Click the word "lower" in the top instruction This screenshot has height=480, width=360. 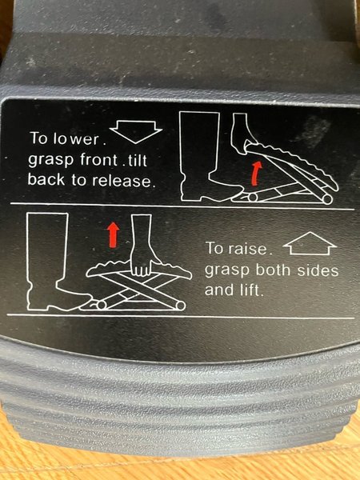(76, 138)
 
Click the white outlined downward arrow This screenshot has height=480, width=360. (136, 132)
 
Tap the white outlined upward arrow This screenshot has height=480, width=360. (310, 243)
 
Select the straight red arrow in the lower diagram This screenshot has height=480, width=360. (114, 234)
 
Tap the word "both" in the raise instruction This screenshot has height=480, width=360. (274, 270)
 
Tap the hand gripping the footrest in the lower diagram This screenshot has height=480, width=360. (142, 246)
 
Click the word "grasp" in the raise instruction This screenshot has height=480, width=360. (227, 271)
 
